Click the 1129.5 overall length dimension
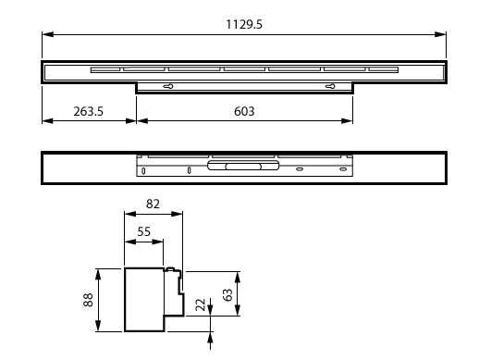click(244, 24)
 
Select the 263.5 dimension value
click(88, 111)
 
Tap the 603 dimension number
click(244, 111)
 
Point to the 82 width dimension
click(153, 204)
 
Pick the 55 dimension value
click(144, 231)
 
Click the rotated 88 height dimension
click(88, 300)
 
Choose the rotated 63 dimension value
click(227, 295)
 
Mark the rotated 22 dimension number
click(200, 304)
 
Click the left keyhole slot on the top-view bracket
click(168, 86)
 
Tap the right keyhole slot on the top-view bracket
click(330, 86)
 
